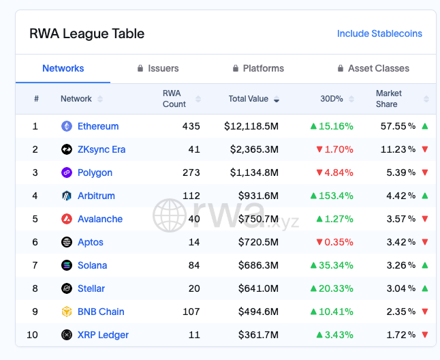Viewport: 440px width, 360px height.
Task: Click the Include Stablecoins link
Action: click(379, 33)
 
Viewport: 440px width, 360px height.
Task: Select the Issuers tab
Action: click(158, 68)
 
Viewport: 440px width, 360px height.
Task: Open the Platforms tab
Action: click(258, 68)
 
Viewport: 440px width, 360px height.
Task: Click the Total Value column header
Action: click(249, 99)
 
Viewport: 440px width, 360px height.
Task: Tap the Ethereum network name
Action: click(98, 126)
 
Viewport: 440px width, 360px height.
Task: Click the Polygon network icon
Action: click(67, 172)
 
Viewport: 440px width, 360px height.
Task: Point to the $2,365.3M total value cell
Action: click(251, 149)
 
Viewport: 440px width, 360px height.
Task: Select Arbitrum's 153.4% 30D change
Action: click(332, 196)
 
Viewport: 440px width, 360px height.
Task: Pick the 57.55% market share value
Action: click(398, 126)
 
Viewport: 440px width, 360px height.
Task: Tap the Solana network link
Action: click(92, 265)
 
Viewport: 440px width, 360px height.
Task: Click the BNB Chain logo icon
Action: click(67, 312)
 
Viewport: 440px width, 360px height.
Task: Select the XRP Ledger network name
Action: click(103, 335)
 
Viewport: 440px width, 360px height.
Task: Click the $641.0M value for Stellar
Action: click(258, 288)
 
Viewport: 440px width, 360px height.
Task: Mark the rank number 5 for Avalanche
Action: click(35, 219)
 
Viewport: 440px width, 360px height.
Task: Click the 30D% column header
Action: click(332, 99)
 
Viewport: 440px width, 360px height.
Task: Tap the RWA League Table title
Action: click(87, 33)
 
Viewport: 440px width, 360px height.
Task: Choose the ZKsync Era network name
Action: click(101, 149)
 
